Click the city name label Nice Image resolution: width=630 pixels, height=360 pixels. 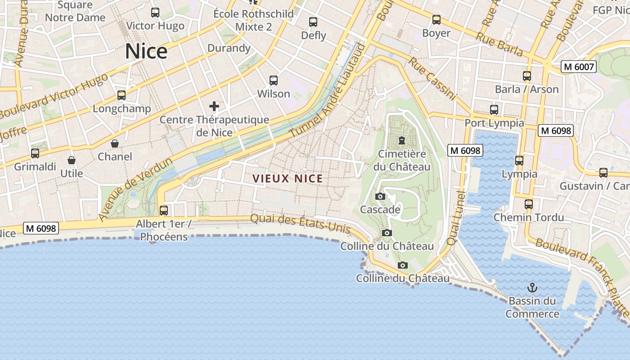click(146, 51)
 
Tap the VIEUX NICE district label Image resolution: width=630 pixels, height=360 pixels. click(288, 179)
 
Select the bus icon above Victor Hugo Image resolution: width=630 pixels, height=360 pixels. click(155, 13)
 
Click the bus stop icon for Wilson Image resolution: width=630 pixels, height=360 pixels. click(274, 81)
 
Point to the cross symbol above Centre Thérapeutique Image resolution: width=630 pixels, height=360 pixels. click(214, 107)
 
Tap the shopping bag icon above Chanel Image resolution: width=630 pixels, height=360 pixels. click(115, 144)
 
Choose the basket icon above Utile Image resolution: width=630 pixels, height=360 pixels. click(72, 160)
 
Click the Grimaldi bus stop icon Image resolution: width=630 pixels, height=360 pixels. click(35, 153)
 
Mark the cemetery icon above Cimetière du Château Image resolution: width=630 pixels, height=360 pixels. click(401, 141)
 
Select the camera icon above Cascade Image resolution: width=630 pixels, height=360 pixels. click(380, 197)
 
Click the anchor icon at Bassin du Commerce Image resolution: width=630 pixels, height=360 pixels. click(532, 287)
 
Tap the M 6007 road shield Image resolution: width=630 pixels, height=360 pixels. click(579, 67)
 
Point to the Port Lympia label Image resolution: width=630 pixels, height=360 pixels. click(494, 123)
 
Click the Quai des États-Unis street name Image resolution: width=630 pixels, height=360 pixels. click(300, 222)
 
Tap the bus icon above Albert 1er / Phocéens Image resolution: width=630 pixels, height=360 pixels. click(164, 210)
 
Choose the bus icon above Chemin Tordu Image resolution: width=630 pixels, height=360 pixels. click(529, 204)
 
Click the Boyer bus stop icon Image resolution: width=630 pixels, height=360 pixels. click(436, 20)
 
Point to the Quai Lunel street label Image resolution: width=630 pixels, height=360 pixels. click(456, 218)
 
